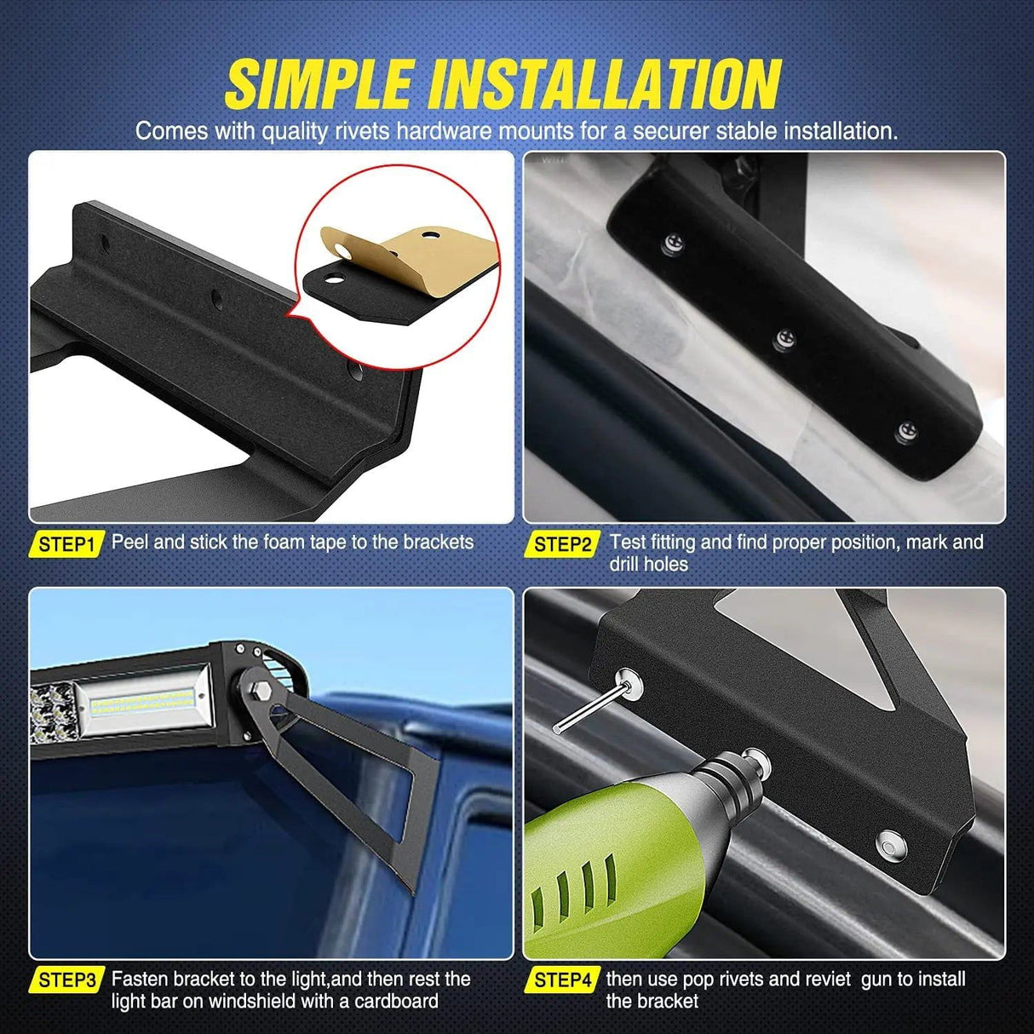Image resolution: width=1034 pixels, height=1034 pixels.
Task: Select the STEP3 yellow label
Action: coord(66,980)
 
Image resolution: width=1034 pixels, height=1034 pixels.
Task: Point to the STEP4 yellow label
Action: coord(562,980)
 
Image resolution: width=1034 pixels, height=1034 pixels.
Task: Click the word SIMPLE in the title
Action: coord(319,85)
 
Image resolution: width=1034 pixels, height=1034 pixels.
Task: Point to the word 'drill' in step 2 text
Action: coord(624,565)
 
